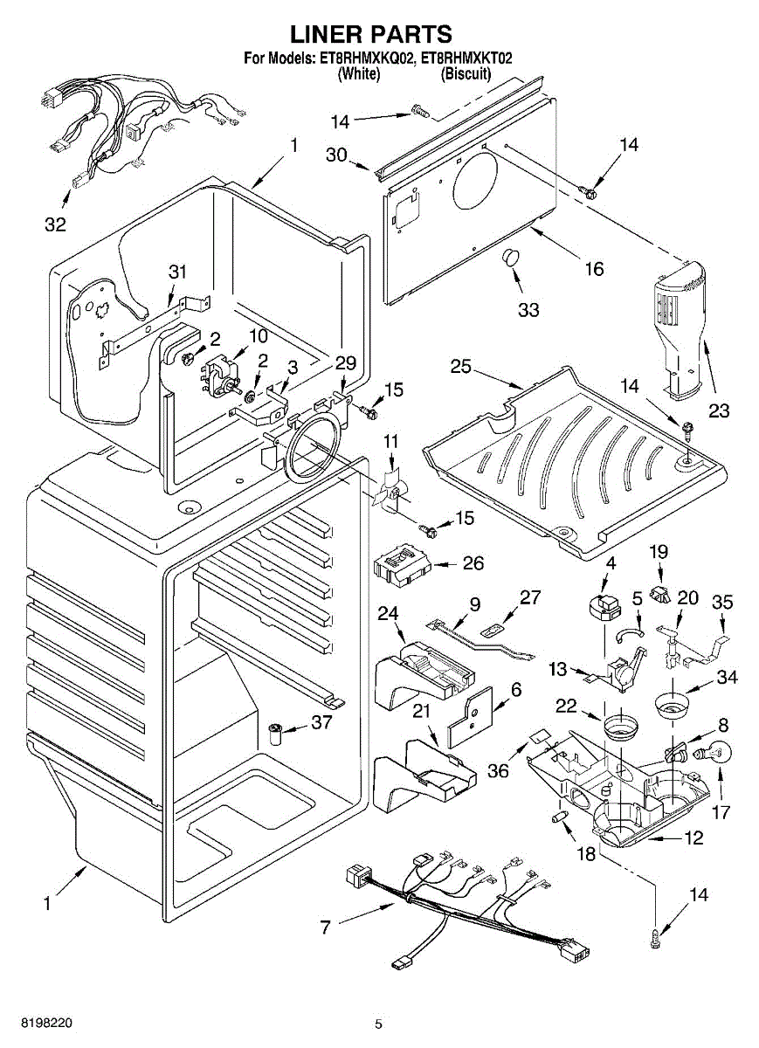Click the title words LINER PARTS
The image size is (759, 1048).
click(371, 34)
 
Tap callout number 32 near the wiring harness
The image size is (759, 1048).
click(55, 224)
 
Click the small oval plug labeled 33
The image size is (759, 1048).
click(509, 259)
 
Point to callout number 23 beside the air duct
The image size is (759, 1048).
click(718, 410)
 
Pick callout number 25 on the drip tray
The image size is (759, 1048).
click(461, 367)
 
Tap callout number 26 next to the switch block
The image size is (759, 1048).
click(473, 563)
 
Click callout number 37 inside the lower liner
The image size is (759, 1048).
click(323, 721)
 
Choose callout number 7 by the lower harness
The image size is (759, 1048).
click(325, 927)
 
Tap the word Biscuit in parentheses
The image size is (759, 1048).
click(466, 74)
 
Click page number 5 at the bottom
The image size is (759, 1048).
click(378, 1024)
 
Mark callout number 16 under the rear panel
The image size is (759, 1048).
click(594, 269)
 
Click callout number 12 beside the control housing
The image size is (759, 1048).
click(693, 838)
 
